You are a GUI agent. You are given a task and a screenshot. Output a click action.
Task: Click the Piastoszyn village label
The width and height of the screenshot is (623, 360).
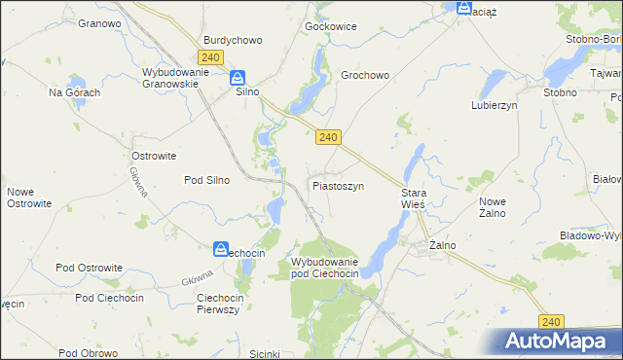(338, 185)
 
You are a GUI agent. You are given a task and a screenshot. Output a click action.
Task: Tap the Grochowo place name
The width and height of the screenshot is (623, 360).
(365, 74)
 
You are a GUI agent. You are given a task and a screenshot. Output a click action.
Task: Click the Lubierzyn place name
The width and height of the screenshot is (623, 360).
(494, 104)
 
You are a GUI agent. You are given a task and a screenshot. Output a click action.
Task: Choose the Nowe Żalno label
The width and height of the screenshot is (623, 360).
(498, 207)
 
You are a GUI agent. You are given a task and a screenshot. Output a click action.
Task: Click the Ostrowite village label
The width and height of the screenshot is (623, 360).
(153, 155)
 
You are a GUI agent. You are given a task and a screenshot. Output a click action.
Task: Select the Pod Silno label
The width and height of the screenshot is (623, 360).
(206, 180)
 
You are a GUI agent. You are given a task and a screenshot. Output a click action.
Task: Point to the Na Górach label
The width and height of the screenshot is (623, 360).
(75, 92)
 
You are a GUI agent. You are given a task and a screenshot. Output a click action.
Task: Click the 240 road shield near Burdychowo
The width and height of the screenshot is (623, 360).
(211, 57)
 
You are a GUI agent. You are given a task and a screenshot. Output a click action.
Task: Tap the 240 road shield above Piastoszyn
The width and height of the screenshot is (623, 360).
(328, 138)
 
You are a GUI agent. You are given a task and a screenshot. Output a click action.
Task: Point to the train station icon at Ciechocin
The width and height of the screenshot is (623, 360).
(221, 249)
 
